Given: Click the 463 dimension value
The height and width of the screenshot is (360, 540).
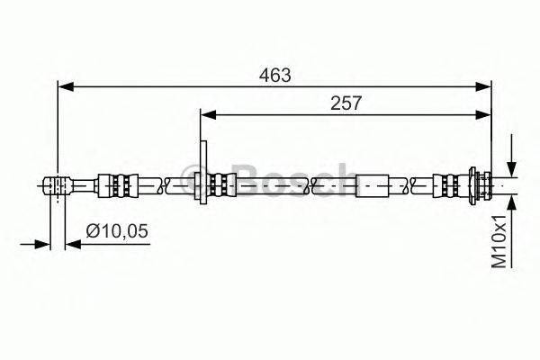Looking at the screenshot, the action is pos(274,76).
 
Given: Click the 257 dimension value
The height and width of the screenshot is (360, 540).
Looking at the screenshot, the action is pos(346,103).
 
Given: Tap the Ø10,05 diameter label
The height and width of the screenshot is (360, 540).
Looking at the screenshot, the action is pos(117,230).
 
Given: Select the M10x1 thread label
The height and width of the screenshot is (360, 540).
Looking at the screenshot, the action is pos(499,241).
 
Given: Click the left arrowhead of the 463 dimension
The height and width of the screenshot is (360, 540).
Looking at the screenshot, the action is pos(66,86).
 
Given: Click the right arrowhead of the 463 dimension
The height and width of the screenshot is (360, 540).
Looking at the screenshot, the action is pos(482,86).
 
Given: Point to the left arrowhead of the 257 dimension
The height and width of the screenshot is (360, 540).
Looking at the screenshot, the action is pos(208,115).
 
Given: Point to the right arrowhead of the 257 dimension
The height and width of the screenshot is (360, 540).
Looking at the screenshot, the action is pos(482,115).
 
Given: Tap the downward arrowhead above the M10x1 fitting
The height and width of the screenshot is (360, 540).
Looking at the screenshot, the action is pos(512,170).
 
